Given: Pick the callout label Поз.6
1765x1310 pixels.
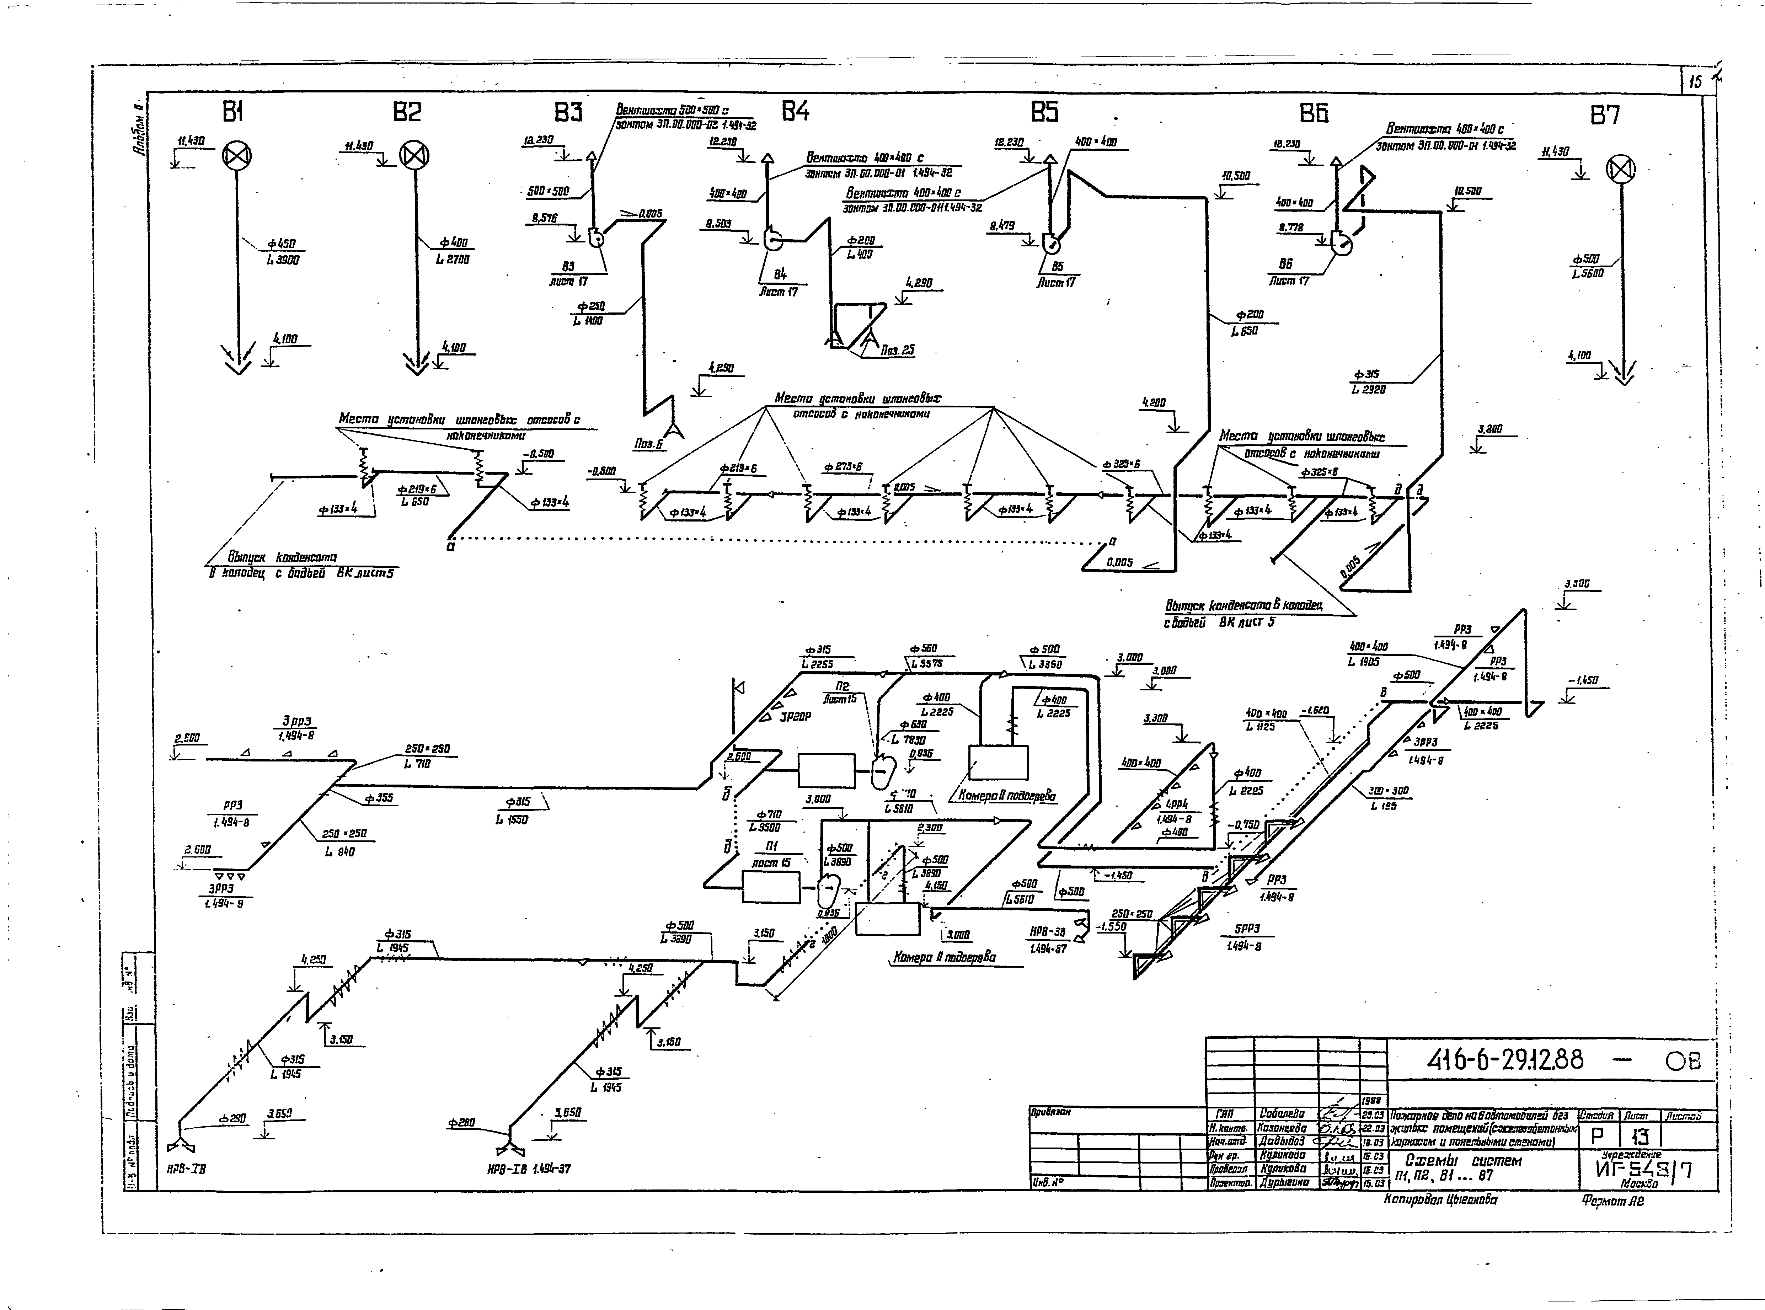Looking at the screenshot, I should [648, 445].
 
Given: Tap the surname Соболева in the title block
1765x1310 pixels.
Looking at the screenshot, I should [1280, 1115].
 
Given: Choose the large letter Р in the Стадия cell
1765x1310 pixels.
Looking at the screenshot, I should [1596, 1138].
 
